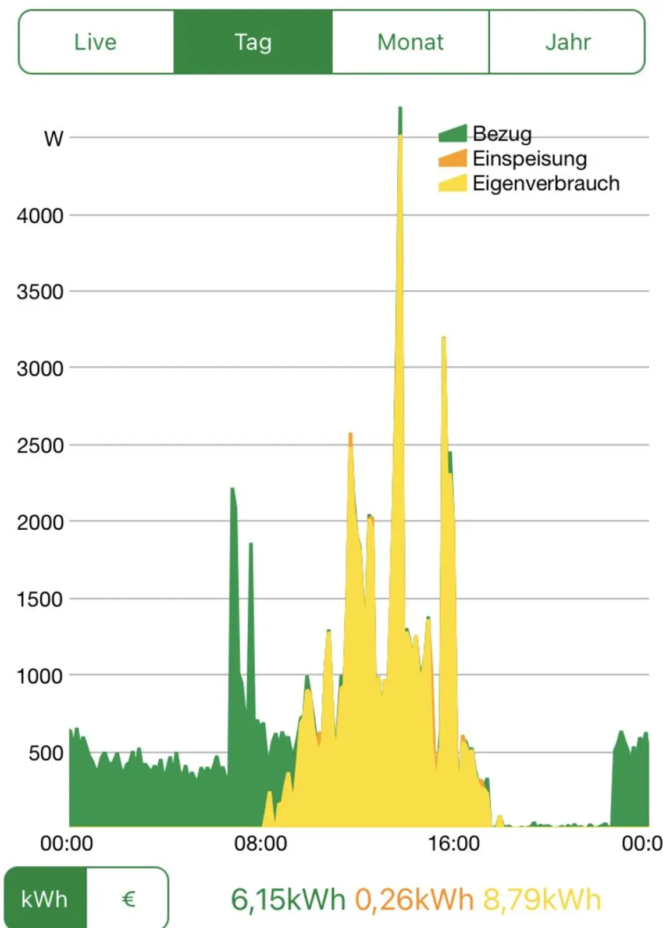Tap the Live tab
pyautogui.click(x=95, y=42)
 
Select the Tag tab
pyautogui.click(x=253, y=42)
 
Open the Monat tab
pyautogui.click(x=411, y=42)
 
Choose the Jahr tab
pyautogui.click(x=568, y=42)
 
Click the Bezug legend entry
pyautogui.click(x=501, y=134)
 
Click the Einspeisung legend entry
pyautogui.click(x=529, y=158)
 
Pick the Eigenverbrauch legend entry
pyautogui.click(x=546, y=183)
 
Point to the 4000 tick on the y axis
pyautogui.click(x=40, y=216)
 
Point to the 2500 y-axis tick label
pyautogui.click(x=40, y=445)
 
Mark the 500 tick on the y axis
pyautogui.click(x=45, y=753)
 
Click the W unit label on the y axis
pyautogui.click(x=54, y=138)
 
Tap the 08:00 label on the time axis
pyautogui.click(x=261, y=843)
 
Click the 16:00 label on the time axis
pyautogui.click(x=454, y=843)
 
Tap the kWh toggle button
pyautogui.click(x=45, y=899)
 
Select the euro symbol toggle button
pyautogui.click(x=129, y=899)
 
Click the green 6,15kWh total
pyautogui.click(x=288, y=900)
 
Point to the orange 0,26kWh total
pyautogui.click(x=414, y=900)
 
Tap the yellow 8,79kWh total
pyautogui.click(x=541, y=900)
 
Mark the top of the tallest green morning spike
pyautogui.click(x=232, y=489)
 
